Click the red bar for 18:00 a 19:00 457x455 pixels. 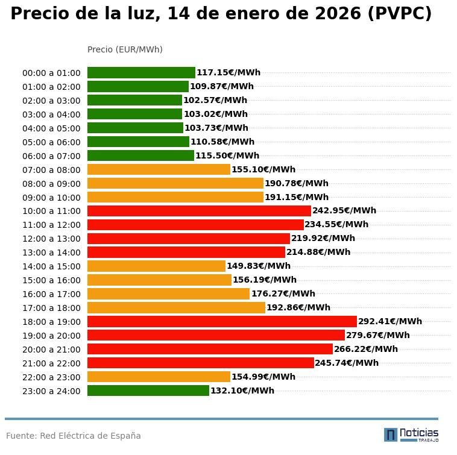[x=222, y=322]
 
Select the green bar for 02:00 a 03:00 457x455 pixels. [x=134, y=101]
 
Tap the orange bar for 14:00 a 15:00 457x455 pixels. [x=156, y=266]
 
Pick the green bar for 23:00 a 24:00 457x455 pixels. [x=148, y=391]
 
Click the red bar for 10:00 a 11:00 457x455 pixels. [x=199, y=211]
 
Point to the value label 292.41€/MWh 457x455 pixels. [x=390, y=322]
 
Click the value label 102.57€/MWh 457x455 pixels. [x=215, y=101]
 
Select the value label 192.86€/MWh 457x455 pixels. [x=298, y=308]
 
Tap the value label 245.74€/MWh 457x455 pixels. [x=347, y=363]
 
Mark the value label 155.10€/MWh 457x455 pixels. [x=263, y=170]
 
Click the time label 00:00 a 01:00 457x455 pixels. [x=51, y=74]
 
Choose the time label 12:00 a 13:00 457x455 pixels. [x=51, y=239]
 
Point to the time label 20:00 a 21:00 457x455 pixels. [x=51, y=350]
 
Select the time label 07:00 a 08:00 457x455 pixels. [x=51, y=170]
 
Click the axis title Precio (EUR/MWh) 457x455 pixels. [x=125, y=50]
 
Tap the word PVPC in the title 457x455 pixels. [x=399, y=14]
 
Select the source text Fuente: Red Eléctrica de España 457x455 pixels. [x=74, y=436]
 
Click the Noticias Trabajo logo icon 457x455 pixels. [x=391, y=435]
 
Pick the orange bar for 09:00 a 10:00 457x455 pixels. [x=175, y=198]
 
